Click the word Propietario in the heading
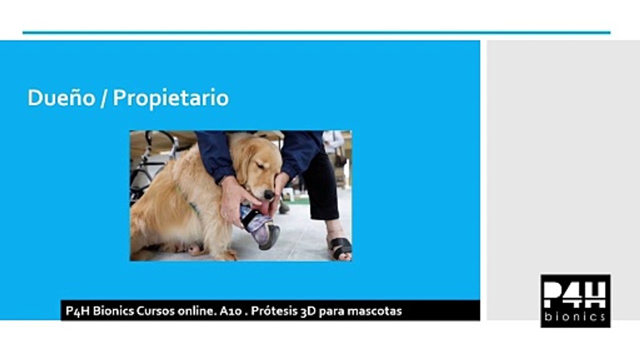point(170,98)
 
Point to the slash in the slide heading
point(102,98)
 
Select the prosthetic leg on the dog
point(261,227)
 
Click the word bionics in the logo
point(575,316)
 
